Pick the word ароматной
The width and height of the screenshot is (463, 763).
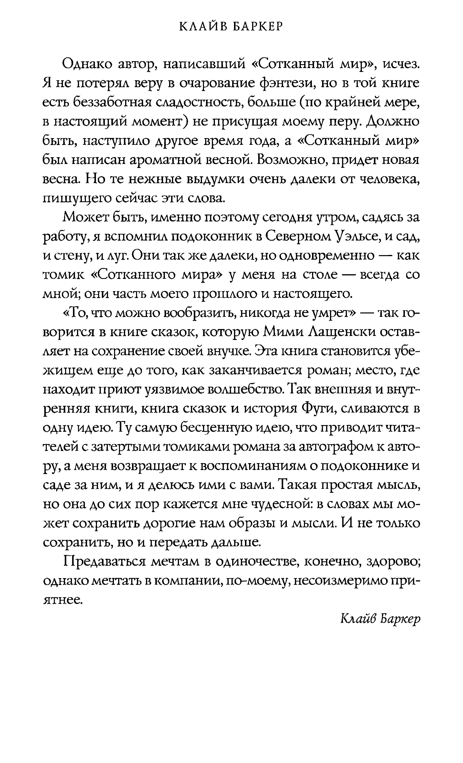tap(186, 160)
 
